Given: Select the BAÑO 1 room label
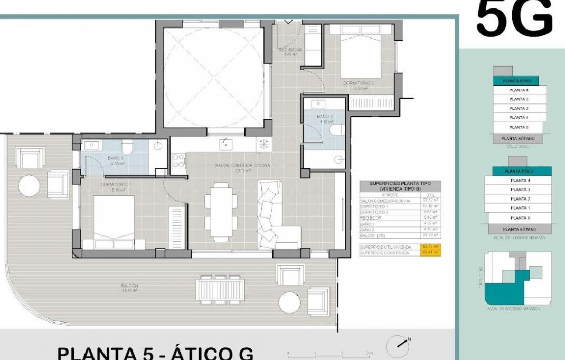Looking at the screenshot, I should [116, 160].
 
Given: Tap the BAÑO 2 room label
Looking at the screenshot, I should [324, 118].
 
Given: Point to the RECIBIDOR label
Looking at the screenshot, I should [289, 52].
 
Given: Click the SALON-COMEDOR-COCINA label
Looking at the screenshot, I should [242, 167].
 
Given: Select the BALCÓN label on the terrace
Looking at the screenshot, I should [130, 287].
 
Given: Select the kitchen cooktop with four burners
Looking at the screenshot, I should [178, 160].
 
